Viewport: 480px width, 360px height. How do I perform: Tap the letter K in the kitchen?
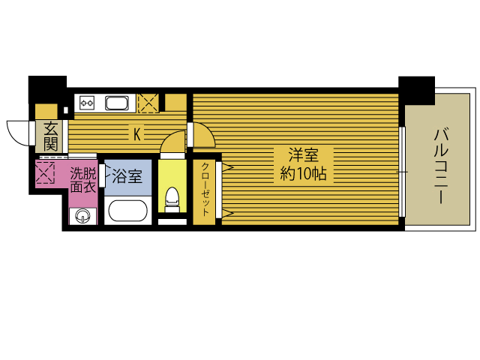pos(137,134)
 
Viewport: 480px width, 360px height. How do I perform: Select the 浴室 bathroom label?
pos(127,177)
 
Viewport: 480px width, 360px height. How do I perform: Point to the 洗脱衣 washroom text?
pos(82,181)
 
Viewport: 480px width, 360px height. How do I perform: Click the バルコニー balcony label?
pos(441,166)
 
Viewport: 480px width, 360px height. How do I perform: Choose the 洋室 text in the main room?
pos(304,156)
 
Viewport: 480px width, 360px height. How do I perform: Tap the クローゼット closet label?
pos(204,188)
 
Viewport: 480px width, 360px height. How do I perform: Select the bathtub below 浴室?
pos(129,210)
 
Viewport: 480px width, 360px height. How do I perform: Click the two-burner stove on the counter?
pos(85,103)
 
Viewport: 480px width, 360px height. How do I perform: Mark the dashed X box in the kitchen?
pos(148,102)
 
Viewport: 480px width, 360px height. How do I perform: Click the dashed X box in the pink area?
pos(46,174)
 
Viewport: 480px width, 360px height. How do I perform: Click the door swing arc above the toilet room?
pos(172,142)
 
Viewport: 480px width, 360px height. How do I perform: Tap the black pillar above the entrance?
pos(46,89)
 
